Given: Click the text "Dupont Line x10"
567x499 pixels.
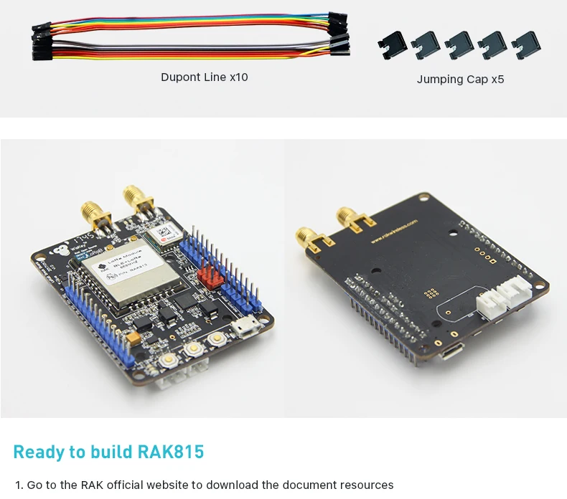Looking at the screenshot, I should point(204,77).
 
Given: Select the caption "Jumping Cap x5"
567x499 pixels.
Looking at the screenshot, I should point(460,79).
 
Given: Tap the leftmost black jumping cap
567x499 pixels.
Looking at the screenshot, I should point(393,45).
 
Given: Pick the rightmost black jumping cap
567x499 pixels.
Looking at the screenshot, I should point(528,45).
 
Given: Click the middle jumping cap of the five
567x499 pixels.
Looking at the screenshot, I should point(460,45).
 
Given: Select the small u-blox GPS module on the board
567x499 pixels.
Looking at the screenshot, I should point(163,232).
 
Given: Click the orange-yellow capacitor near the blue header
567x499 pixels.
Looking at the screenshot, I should point(134,335).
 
